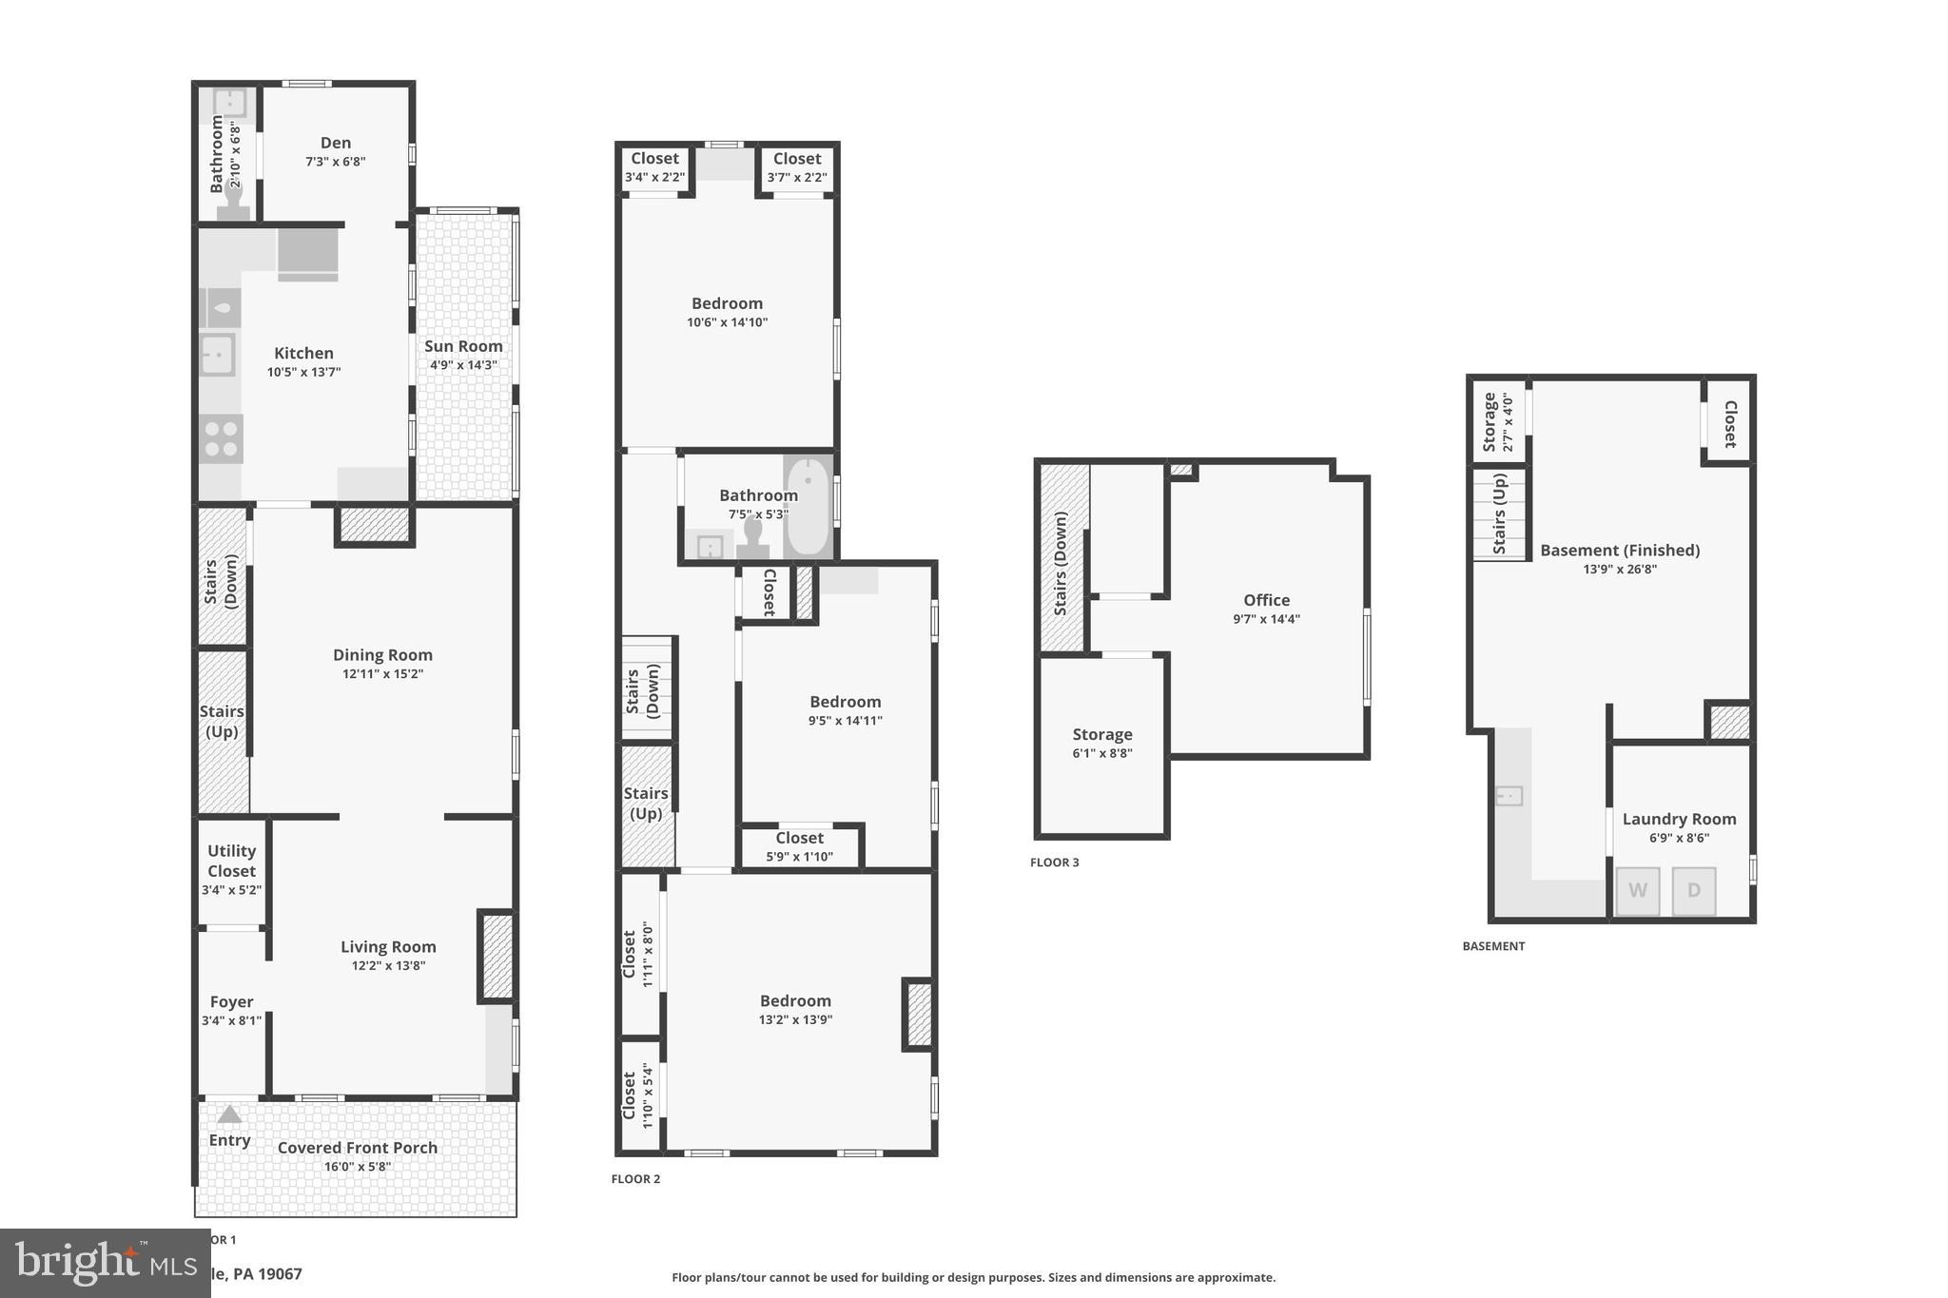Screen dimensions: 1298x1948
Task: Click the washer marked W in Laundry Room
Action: pos(1637,891)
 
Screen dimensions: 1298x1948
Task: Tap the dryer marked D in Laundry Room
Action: pos(1693,891)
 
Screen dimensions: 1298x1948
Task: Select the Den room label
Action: pos(335,143)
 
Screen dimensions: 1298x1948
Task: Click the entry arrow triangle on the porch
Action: pos(229,1114)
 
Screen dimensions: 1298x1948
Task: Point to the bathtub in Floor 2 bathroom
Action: pos(808,507)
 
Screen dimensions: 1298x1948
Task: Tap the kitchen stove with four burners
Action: pos(221,439)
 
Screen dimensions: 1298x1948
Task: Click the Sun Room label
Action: pos(463,346)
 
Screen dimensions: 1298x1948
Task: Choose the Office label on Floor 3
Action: pos(1266,600)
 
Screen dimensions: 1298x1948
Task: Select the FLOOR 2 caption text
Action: pos(635,1179)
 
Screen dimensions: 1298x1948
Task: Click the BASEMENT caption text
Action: pos(1493,946)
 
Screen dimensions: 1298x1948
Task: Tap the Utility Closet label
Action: pos(231,861)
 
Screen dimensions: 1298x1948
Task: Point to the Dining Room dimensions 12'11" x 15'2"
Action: pos(382,674)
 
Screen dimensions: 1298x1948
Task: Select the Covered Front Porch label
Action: pos(358,1148)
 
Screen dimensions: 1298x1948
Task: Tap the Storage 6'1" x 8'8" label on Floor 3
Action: pos(1101,743)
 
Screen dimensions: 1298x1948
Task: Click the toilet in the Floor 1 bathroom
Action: pos(233,202)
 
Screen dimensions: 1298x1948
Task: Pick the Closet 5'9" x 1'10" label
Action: pos(799,846)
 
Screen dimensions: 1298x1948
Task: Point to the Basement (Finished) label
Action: pos(1619,551)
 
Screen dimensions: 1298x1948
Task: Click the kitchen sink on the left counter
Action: pos(218,356)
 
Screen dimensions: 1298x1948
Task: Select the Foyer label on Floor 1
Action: pos(231,1001)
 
